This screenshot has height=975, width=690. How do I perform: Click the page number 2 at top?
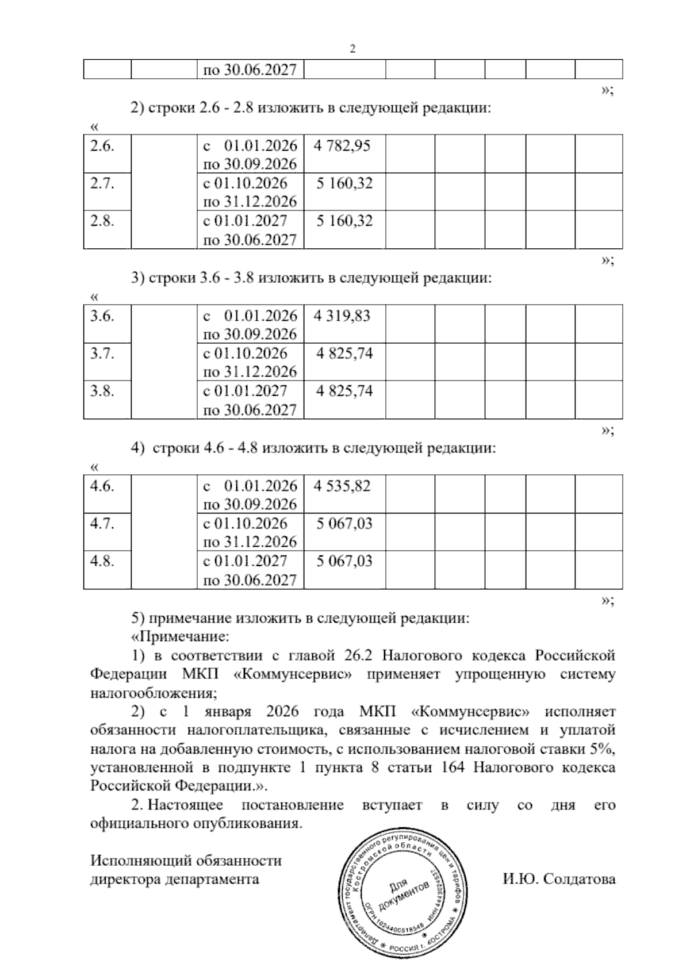(352, 49)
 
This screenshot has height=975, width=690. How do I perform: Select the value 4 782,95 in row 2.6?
(342, 145)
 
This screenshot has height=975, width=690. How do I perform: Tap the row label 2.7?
(102, 183)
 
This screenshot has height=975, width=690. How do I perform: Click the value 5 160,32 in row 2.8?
(344, 221)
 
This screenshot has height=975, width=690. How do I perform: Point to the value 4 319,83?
(342, 316)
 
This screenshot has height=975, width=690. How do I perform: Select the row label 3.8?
(102, 391)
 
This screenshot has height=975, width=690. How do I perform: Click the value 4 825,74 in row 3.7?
(344, 353)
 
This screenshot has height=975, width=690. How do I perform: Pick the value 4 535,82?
(342, 486)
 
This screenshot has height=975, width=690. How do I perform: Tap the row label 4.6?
(102, 486)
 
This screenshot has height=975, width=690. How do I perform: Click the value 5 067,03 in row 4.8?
(344, 561)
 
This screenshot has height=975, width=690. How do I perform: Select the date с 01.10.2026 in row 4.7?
(246, 523)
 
